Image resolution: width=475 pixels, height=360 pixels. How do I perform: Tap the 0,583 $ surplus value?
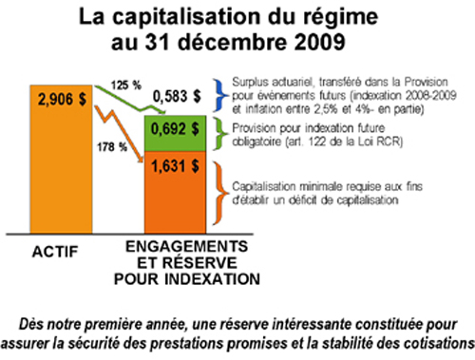[x=180, y=95]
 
